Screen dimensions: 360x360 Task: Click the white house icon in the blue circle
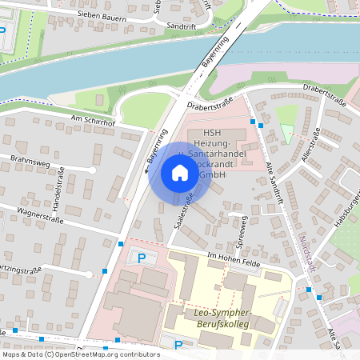click(180, 173)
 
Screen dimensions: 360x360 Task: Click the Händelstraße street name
click(57, 193)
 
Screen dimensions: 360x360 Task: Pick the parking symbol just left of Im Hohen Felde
click(142, 258)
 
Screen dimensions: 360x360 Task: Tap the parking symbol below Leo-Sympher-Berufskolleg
click(178, 345)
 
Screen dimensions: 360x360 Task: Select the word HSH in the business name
click(211, 133)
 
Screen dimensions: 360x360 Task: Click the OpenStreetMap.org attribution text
click(96, 354)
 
